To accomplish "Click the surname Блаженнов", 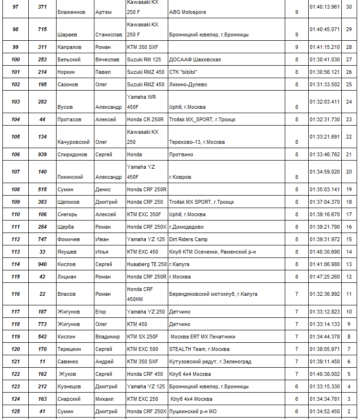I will pos(71,12).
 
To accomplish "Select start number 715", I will pos(43,29).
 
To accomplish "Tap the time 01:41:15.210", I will pos(325,47).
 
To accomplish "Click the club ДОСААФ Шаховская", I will pos(195,59).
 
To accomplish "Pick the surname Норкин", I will pos(67,72).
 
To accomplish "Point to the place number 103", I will pos(16,102).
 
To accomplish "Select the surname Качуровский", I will pos(73,142).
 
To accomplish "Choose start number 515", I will pos(43,189).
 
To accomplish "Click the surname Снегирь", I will pos(67,214).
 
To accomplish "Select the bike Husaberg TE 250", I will pos(147,264).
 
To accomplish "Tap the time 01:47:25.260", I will pos(325,277).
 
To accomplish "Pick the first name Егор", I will pos(101,312).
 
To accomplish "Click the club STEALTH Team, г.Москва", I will pos(199,349).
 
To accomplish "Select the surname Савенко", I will pos(68,361).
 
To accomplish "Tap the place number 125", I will pos(16,411).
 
